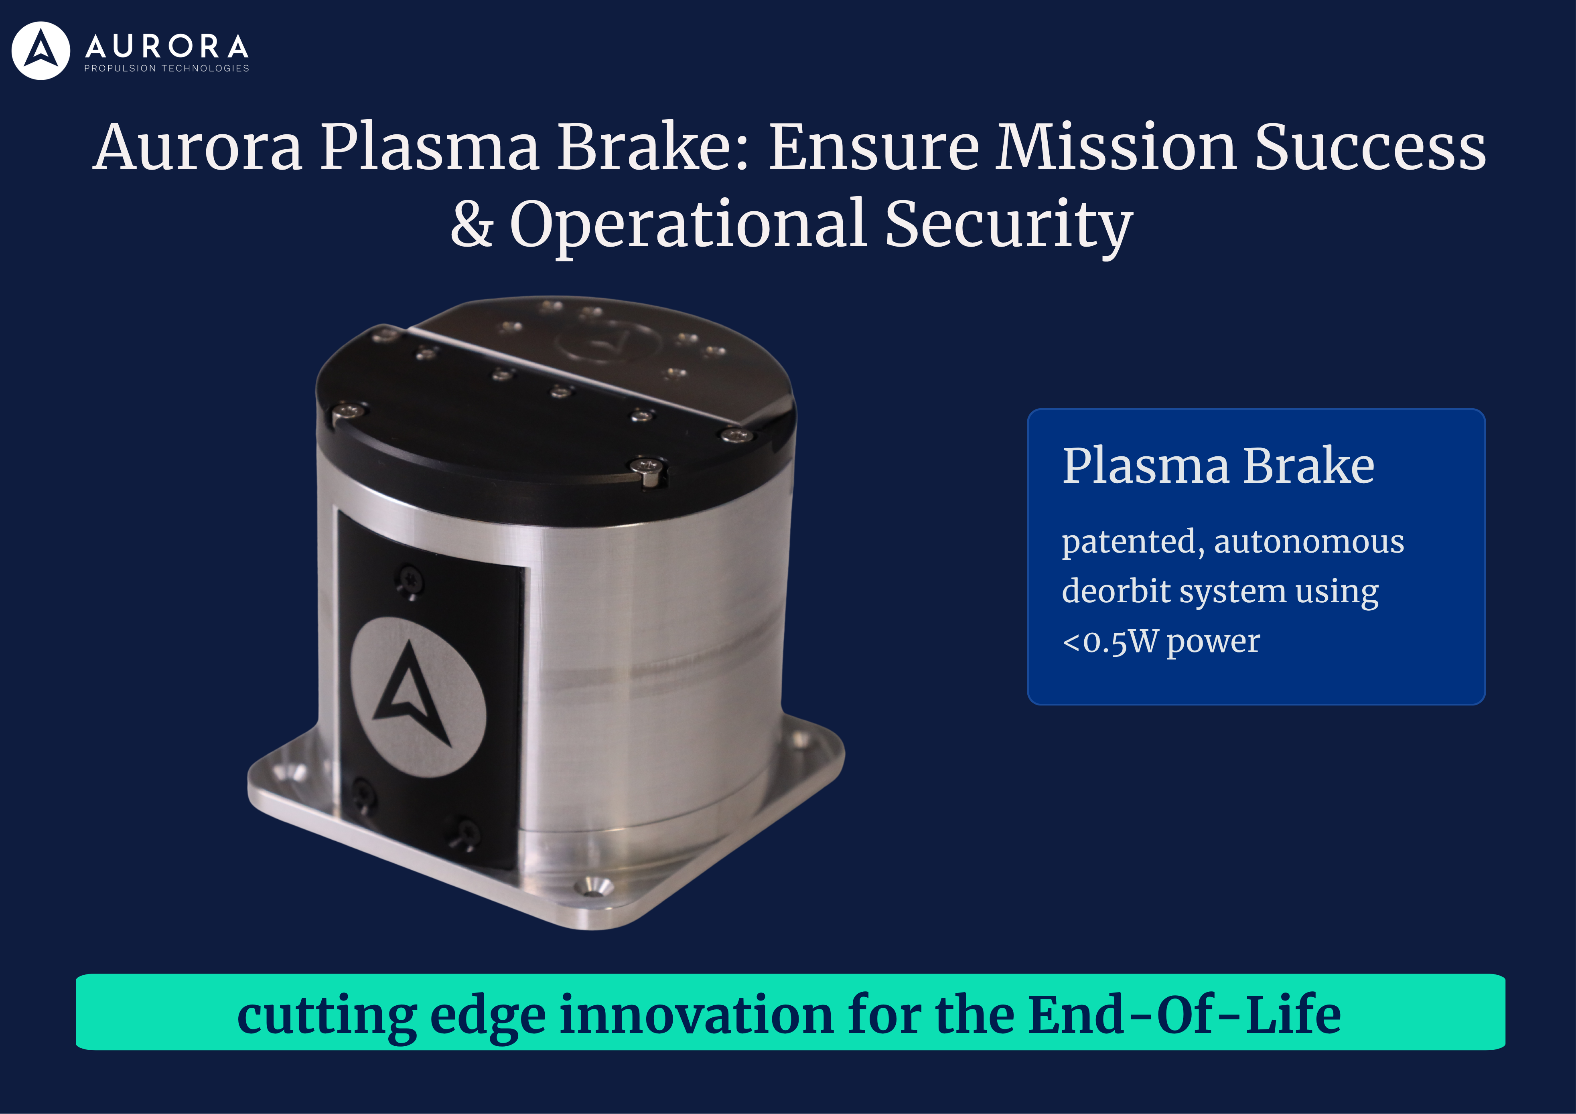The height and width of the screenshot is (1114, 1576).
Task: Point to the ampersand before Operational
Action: [x=472, y=225]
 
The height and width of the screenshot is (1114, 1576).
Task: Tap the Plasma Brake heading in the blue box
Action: [x=1218, y=466]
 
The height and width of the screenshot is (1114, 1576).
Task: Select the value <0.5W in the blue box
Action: [x=1109, y=642]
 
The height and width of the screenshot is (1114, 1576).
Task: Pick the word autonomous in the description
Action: [x=1309, y=542]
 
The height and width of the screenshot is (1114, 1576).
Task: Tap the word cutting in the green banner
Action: [x=327, y=1016]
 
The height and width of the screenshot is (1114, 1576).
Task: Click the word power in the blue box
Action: [x=1213, y=642]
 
